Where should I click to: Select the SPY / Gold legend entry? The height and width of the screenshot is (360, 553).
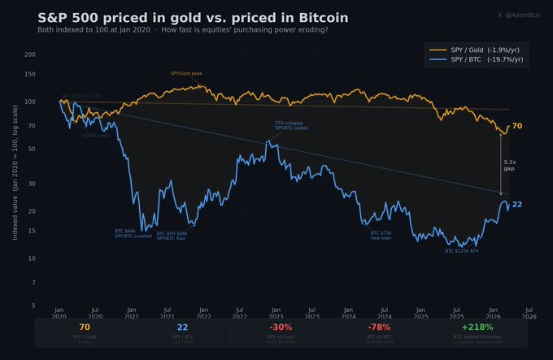click(481, 50)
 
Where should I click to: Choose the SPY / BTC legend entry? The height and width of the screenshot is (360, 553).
click(479, 61)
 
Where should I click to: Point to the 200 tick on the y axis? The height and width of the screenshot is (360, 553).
click(30, 54)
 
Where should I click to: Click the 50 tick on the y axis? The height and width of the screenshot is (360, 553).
click(32, 150)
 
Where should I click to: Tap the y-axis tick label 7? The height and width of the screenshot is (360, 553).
click(33, 282)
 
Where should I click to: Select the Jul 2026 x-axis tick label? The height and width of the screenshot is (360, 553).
click(529, 314)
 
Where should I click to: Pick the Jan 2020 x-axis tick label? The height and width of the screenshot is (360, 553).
click(59, 314)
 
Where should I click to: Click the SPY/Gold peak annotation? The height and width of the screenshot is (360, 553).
click(187, 73)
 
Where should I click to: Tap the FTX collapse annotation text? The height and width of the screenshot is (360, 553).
click(291, 125)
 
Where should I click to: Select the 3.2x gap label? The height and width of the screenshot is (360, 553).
click(510, 165)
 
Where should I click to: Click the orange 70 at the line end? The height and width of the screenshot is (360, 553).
click(517, 126)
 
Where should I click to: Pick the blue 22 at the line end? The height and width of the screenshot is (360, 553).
click(517, 204)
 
